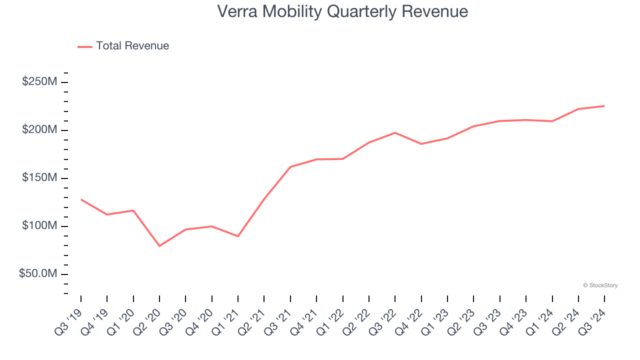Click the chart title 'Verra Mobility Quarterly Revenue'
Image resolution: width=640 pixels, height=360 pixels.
pos(342,11)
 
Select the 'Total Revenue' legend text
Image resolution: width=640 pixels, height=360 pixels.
pos(132,46)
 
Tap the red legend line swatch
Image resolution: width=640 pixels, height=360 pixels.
pos(85,46)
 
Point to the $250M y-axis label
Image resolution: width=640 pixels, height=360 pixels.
pos(39,82)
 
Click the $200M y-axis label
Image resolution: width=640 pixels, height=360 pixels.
pos(39,130)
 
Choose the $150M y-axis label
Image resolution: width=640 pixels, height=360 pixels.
pos(39,178)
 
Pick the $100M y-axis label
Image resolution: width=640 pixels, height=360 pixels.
pos(39,226)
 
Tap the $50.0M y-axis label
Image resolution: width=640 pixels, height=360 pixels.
pos(38,274)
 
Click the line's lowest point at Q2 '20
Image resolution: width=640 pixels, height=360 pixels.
pos(159,246)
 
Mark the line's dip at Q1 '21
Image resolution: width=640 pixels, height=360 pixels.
pos(238,236)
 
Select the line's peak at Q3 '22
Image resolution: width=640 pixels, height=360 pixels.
pos(395,132)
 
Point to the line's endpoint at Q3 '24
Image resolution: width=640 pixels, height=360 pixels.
pos(604,106)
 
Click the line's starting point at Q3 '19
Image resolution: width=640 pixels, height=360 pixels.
pos(81,199)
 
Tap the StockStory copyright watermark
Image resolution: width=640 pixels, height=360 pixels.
pos(600,285)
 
